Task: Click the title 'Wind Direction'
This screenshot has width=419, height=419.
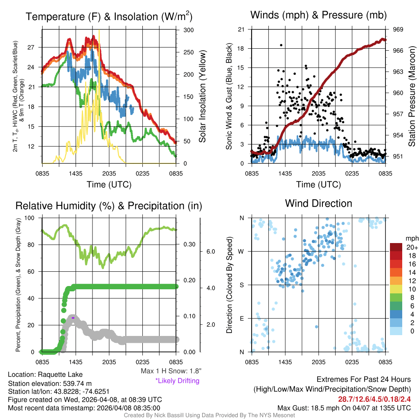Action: [x=318, y=203]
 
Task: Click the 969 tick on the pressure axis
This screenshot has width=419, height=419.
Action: [x=399, y=29]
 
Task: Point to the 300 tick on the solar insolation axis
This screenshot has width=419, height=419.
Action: [x=189, y=30]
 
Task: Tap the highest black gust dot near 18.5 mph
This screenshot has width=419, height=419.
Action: [x=281, y=45]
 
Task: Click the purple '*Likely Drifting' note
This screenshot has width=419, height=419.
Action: [x=177, y=381]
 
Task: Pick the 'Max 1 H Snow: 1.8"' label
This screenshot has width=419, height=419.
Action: [x=171, y=371]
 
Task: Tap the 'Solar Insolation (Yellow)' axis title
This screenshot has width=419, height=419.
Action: [x=203, y=96]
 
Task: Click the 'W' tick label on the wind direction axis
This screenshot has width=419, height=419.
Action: [x=241, y=251]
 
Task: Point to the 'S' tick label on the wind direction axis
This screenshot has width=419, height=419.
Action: [x=242, y=285]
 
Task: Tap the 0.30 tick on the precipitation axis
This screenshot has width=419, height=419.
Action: [x=189, y=244]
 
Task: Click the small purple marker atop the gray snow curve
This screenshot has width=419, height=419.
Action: [x=73, y=318]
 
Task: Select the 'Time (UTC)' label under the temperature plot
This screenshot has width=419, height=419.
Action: [x=109, y=185]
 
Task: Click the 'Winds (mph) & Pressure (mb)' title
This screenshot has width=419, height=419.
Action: [x=318, y=15]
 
